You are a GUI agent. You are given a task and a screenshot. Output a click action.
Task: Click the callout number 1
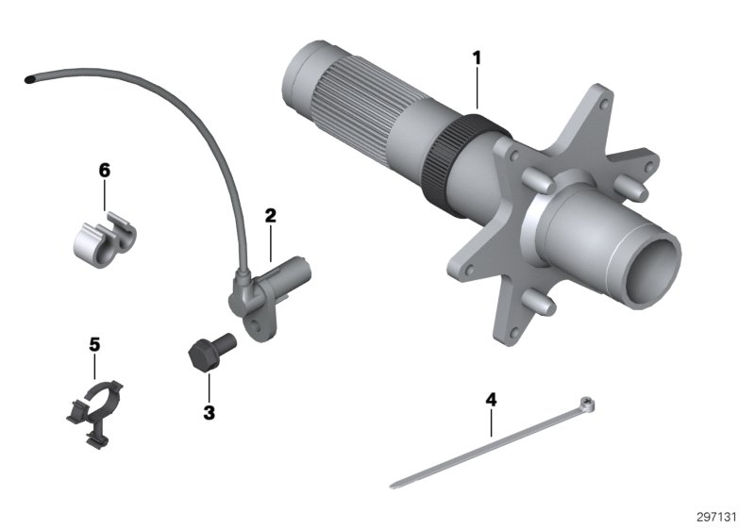click(x=477, y=58)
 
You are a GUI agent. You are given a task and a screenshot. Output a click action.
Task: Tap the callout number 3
click(x=209, y=412)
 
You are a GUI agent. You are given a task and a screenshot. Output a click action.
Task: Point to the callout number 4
click(x=491, y=399)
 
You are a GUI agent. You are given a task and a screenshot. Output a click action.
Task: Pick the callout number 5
click(x=93, y=344)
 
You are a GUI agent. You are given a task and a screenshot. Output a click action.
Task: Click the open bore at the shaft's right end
click(x=655, y=265)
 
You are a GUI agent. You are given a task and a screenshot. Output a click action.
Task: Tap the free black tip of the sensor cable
click(x=33, y=77)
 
